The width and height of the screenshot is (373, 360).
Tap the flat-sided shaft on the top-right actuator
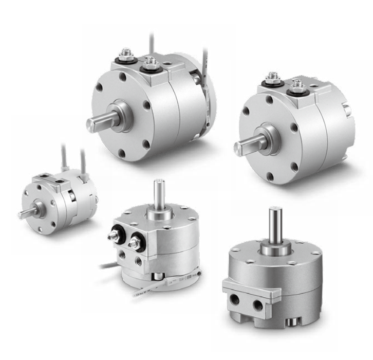pyautogui.click(x=246, y=147)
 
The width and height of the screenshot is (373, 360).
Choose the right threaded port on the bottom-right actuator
pyautogui.click(x=258, y=305)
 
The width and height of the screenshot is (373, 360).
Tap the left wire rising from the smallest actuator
pyautogui.click(x=65, y=157)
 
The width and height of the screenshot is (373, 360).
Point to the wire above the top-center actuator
pyautogui.click(x=151, y=44)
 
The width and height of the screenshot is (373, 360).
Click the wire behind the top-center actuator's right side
pyautogui.click(x=206, y=67)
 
